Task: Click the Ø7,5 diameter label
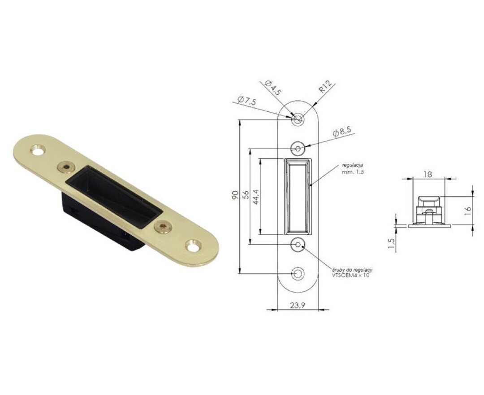pyautogui.click(x=247, y=101)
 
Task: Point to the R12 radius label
pyautogui.click(x=325, y=87)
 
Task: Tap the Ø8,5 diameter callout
pyautogui.click(x=341, y=132)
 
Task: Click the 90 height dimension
pyautogui.click(x=235, y=195)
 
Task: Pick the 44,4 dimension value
pyautogui.click(x=256, y=197)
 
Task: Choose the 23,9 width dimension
pyautogui.click(x=298, y=305)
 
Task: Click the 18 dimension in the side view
pyautogui.click(x=428, y=174)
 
